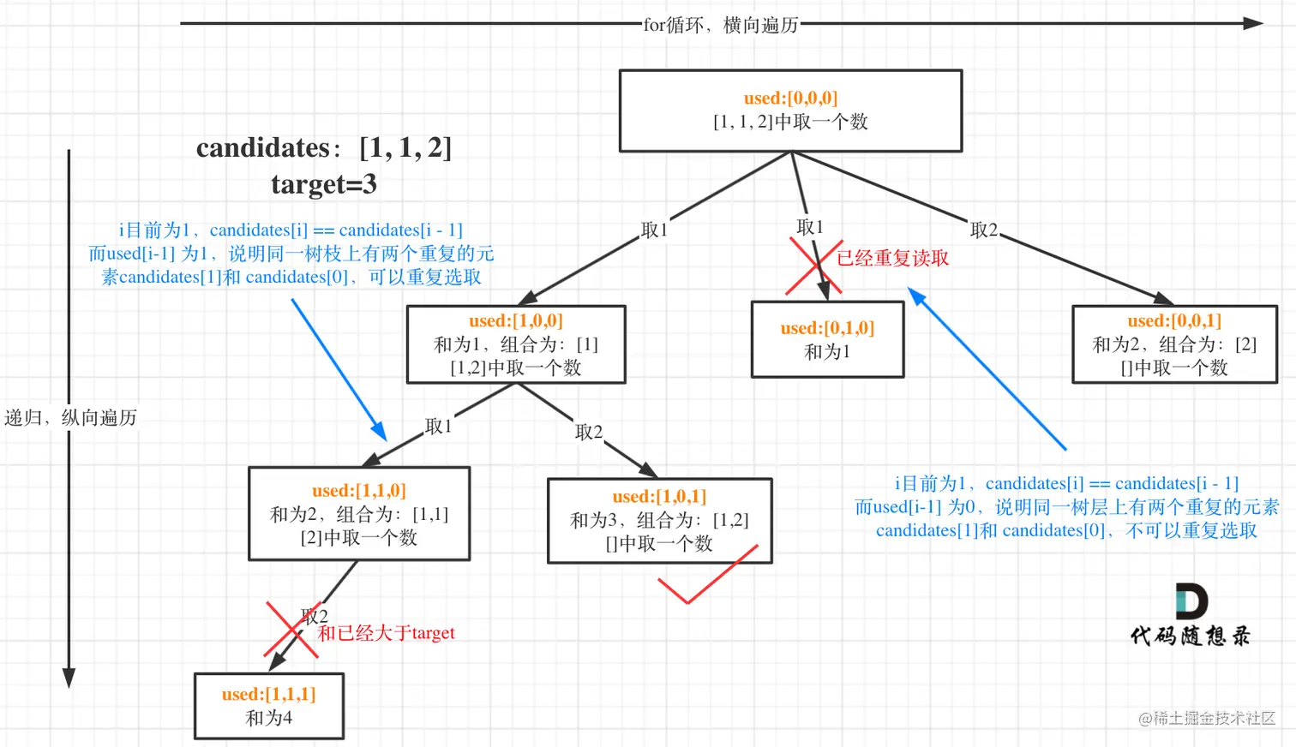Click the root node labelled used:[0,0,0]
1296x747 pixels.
[x=790, y=111]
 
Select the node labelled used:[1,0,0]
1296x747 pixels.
[x=516, y=344]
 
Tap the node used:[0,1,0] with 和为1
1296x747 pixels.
[x=827, y=339]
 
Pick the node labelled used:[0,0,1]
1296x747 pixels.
[x=1174, y=344]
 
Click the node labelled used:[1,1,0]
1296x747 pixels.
[x=359, y=514]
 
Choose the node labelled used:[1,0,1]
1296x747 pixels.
[x=659, y=520]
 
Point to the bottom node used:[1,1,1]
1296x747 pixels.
[x=269, y=706]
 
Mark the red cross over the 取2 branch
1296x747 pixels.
[x=292, y=630]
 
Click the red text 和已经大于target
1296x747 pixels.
[x=386, y=633]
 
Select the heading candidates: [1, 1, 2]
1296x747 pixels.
[x=324, y=147]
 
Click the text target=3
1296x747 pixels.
[x=324, y=184]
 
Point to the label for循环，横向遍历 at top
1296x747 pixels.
[x=721, y=25]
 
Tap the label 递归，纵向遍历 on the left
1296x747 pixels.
[x=70, y=417]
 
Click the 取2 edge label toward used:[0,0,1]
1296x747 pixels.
[x=983, y=230]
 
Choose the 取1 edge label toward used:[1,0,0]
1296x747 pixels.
[x=654, y=230]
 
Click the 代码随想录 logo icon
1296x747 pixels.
[x=1191, y=601]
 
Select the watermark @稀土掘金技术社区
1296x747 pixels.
[x=1206, y=718]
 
